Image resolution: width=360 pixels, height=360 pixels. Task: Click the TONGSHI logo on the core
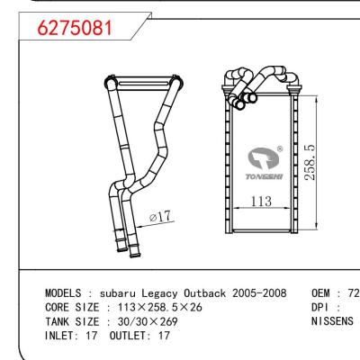(265, 167)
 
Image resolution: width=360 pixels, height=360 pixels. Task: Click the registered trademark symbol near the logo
(280, 149)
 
